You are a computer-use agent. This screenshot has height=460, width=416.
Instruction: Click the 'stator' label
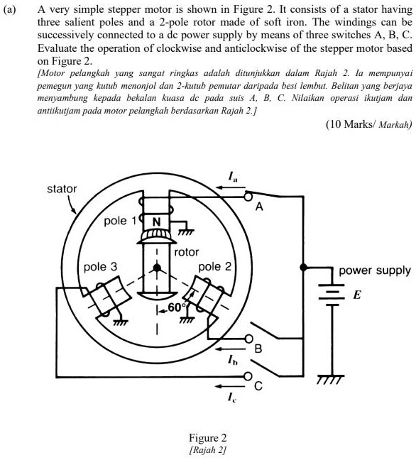click(x=62, y=190)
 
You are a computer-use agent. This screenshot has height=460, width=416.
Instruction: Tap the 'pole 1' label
click(x=116, y=221)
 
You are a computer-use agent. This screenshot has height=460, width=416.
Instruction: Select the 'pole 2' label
click(x=215, y=267)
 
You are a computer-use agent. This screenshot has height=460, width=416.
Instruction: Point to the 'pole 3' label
click(x=100, y=268)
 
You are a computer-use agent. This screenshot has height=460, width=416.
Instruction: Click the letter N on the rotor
click(x=155, y=221)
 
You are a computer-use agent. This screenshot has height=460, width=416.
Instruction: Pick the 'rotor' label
click(x=187, y=252)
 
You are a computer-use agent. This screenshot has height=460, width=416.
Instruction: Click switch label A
click(x=259, y=207)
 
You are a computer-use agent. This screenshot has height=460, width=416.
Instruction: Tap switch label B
click(x=259, y=349)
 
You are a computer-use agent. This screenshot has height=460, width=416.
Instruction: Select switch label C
click(x=258, y=387)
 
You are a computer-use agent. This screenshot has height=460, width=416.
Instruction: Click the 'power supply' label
click(x=374, y=270)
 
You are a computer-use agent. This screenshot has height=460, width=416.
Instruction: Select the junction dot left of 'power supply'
click(x=303, y=268)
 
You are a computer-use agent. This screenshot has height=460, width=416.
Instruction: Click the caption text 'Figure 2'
click(x=208, y=437)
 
